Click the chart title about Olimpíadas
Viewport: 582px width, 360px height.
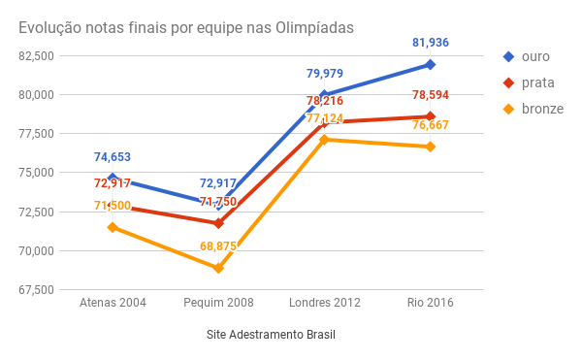tap(185, 28)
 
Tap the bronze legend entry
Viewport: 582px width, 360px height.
tap(534, 109)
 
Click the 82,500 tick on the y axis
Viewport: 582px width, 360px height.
tap(35, 55)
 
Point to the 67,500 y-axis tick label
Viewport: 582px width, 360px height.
tap(35, 289)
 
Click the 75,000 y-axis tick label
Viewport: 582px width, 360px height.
tap(35, 173)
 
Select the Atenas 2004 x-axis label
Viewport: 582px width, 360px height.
tap(113, 303)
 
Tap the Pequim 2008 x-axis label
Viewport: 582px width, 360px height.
tap(218, 303)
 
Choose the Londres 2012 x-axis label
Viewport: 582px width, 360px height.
tap(325, 303)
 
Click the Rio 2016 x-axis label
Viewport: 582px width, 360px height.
tap(430, 303)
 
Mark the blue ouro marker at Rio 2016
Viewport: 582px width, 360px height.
tap(430, 65)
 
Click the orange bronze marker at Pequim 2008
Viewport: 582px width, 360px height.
tap(218, 268)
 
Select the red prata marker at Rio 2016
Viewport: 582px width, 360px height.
tap(430, 116)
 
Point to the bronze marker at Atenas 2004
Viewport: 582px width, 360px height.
tap(113, 227)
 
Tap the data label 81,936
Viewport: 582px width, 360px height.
tap(430, 43)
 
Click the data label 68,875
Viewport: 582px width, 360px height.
tap(218, 246)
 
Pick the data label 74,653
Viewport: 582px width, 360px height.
tap(113, 157)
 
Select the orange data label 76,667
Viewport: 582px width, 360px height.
tap(430, 125)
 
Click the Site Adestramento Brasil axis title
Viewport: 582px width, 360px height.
tap(271, 334)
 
